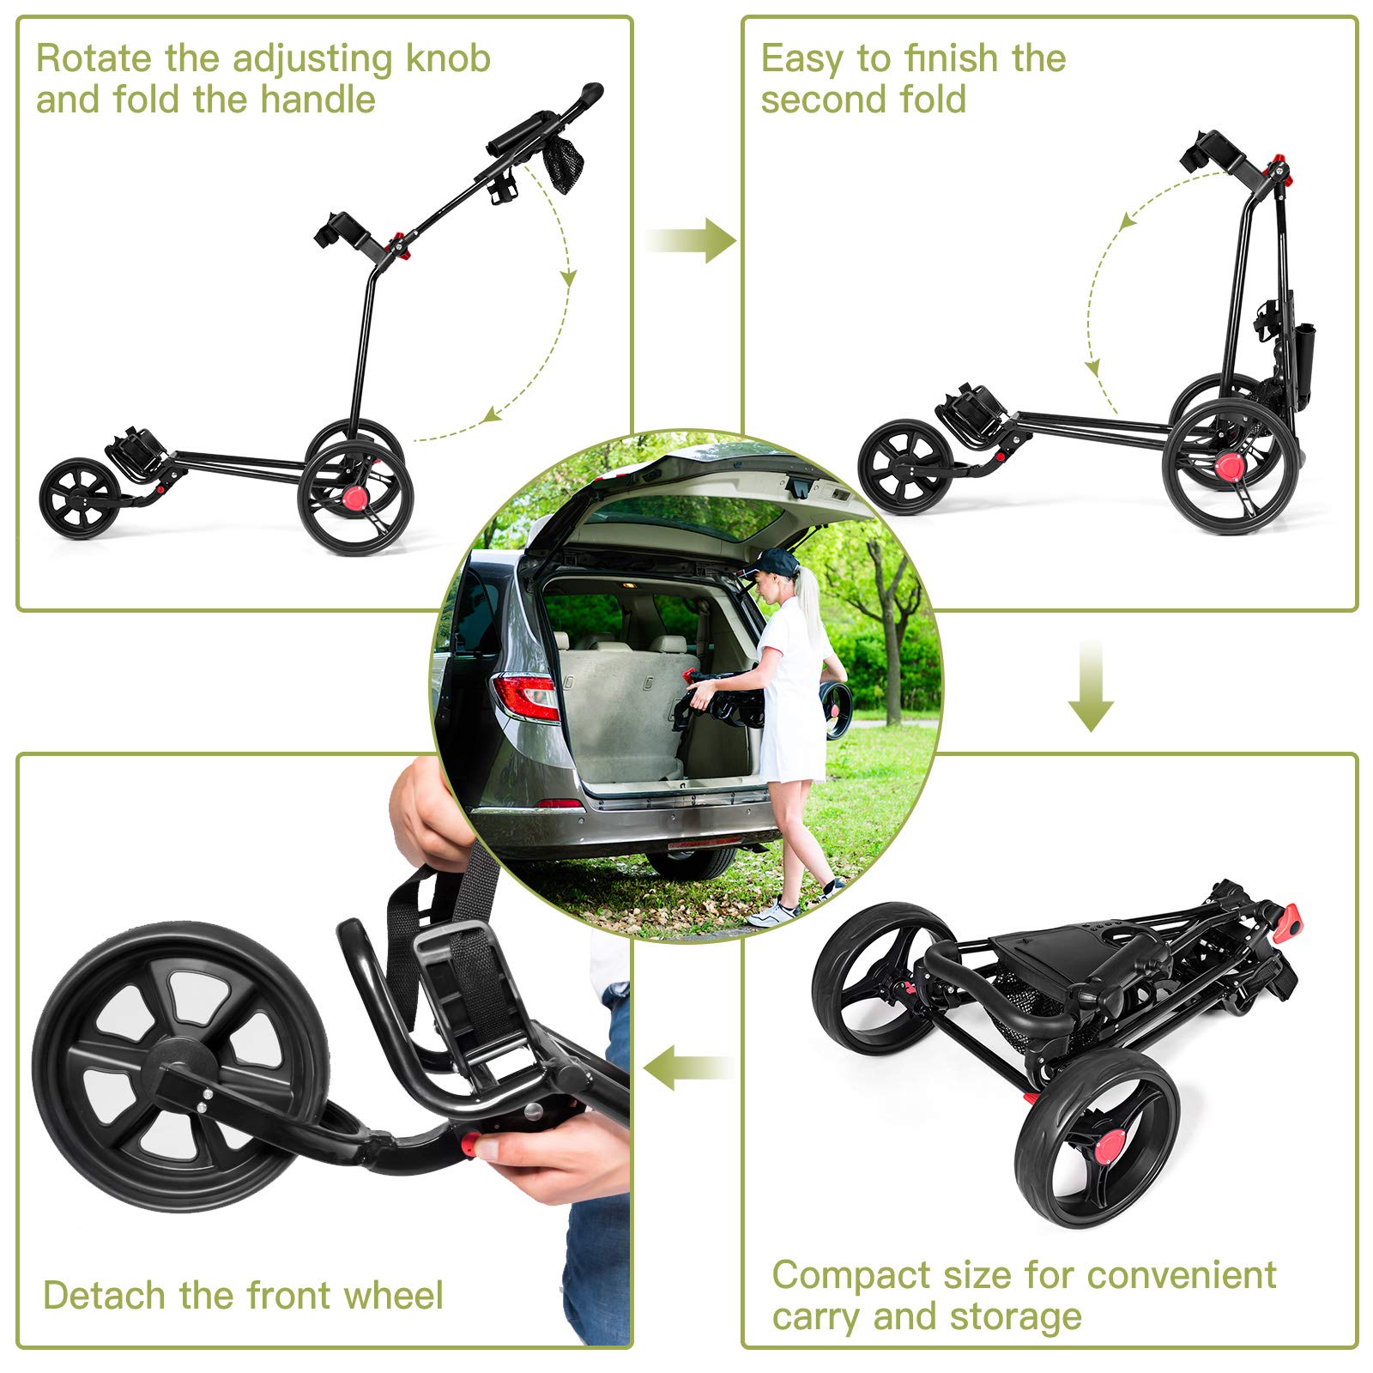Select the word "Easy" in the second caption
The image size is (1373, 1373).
(796, 60)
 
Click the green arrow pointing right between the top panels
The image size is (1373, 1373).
(693, 239)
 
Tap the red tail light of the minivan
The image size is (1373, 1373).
(525, 695)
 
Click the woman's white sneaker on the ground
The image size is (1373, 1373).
(774, 913)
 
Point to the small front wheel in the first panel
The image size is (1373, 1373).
(81, 498)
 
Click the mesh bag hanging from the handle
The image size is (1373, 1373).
(563, 163)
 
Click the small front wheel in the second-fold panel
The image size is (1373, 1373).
(904, 467)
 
